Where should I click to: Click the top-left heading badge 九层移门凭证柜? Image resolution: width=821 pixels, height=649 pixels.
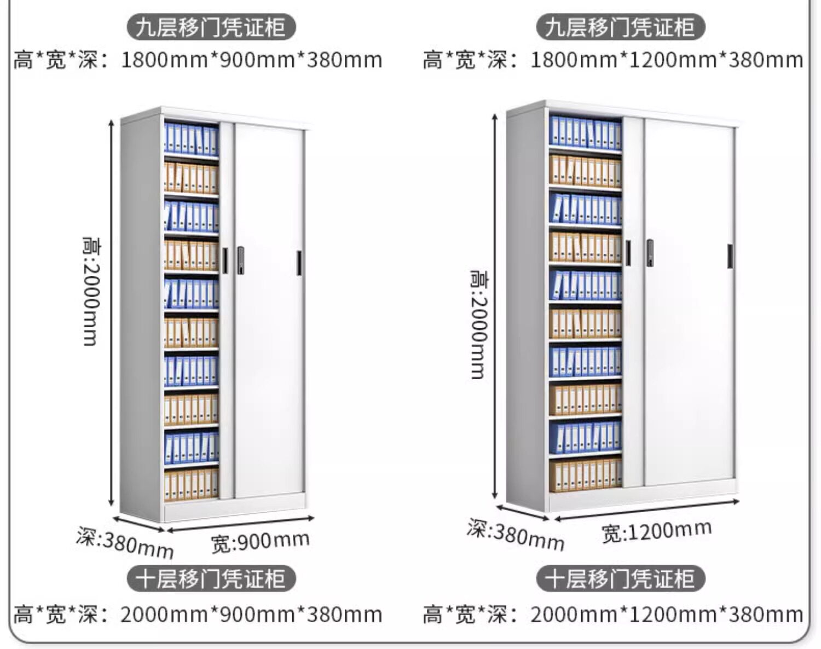[211, 27]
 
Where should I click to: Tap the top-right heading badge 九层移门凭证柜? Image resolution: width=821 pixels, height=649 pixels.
[620, 27]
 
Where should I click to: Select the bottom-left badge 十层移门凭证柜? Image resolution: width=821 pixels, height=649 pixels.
[211, 579]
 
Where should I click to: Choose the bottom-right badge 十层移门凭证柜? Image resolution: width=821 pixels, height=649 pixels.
[620, 579]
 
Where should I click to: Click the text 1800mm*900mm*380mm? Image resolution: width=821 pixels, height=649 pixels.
[251, 60]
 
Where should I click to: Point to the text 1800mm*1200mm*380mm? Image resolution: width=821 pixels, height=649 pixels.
[667, 60]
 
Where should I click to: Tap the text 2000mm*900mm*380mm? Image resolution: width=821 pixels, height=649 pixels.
[251, 615]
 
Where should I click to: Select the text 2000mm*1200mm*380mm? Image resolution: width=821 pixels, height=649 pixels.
[667, 615]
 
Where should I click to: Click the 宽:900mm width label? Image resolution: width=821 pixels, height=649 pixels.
[261, 542]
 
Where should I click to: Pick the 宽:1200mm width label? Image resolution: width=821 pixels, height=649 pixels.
[656, 531]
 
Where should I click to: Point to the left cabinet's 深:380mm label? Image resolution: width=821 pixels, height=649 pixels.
[125, 542]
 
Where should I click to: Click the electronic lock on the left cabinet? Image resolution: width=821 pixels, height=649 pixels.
[240, 260]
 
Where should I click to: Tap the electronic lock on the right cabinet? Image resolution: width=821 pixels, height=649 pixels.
[650, 253]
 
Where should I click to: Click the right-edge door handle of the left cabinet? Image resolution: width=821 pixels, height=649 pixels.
[299, 263]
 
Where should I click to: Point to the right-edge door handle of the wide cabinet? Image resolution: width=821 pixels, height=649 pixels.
[730, 256]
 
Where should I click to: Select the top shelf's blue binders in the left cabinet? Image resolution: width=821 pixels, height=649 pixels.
[191, 139]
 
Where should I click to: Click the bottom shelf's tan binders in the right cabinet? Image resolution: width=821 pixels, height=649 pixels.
[585, 474]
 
